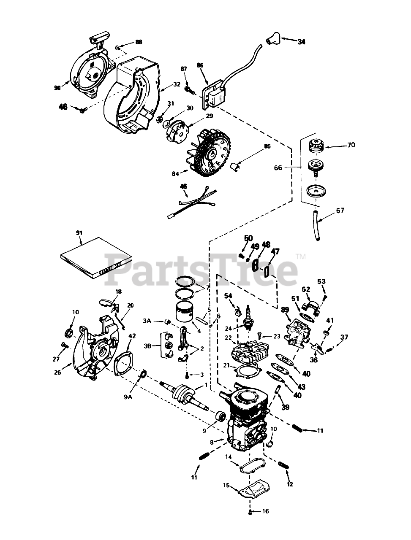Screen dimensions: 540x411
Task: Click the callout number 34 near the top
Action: coord(301,42)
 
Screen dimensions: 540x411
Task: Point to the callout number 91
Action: coord(79,232)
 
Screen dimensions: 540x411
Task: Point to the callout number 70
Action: coord(351,145)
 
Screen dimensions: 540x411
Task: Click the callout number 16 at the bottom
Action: coord(265,511)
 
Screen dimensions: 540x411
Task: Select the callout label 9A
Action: coord(128,397)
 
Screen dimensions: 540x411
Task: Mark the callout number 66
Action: coord(289,167)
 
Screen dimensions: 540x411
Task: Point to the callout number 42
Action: coord(132,336)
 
